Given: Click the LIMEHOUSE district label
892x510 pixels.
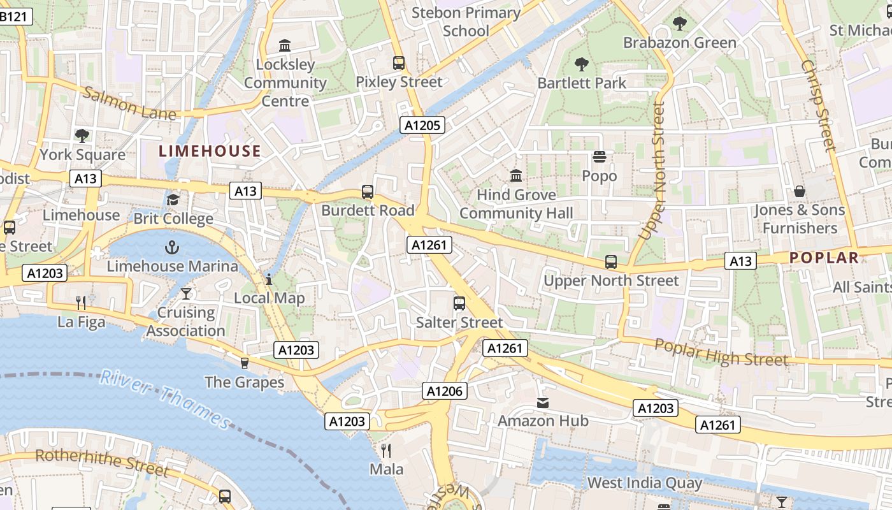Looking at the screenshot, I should pos(210,151).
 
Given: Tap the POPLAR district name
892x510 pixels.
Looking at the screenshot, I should pos(824,258).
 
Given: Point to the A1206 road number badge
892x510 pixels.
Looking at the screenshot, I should pos(445,391).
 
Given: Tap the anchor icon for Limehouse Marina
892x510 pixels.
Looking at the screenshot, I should pos(171,247).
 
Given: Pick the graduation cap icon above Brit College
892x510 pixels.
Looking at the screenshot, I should pos(173,200).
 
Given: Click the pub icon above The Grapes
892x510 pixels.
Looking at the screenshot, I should pos(244,363).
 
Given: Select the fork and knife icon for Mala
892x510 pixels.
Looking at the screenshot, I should pos(386,451).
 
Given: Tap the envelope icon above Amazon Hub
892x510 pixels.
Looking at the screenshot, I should pos(543,402).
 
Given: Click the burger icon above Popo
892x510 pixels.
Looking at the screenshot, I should pos(599,157).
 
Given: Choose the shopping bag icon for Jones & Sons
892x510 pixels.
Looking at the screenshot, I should pos(799,191).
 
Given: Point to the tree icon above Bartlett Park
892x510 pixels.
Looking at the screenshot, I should pos(581,64).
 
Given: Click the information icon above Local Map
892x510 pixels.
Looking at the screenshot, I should pos(269,279).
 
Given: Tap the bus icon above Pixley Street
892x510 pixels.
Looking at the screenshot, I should pos(399,63).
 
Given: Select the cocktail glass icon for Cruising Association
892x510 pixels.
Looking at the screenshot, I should pos(185,293).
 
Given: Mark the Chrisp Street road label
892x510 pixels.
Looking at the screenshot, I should pos(818,106).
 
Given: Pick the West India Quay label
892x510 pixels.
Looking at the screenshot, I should pos(644,483).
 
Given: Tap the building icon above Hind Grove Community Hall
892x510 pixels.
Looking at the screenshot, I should pos(516,175).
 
